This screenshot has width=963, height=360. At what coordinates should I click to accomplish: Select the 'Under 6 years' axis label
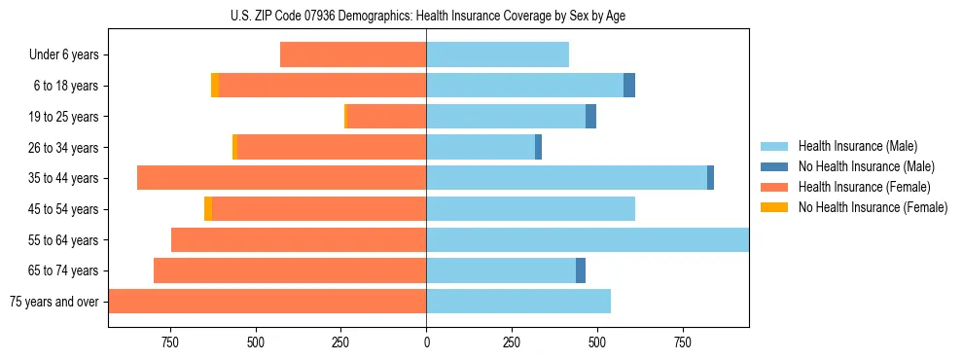click(x=64, y=55)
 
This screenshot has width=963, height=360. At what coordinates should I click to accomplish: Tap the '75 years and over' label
click(x=54, y=302)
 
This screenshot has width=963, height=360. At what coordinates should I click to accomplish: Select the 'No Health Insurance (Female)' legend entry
click(x=873, y=207)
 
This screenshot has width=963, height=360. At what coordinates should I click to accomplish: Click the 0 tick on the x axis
click(x=426, y=342)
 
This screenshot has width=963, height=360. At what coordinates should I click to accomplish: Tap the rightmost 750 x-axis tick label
click(x=683, y=342)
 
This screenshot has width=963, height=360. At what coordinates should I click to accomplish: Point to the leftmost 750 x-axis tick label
click(x=170, y=342)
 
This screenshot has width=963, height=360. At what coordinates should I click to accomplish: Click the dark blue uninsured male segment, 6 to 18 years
click(x=629, y=86)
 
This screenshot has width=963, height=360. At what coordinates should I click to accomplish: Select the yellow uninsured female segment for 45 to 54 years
click(x=208, y=209)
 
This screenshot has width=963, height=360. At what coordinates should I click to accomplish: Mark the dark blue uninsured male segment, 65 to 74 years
click(x=581, y=270)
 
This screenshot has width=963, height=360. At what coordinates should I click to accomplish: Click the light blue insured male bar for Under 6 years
click(x=497, y=55)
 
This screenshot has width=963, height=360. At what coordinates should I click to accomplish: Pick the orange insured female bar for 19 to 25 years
click(x=386, y=117)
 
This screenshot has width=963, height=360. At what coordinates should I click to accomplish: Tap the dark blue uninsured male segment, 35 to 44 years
click(x=710, y=178)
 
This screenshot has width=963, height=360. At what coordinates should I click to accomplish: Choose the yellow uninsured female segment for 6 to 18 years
click(x=215, y=86)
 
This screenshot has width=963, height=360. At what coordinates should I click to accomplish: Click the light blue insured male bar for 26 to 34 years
click(x=481, y=148)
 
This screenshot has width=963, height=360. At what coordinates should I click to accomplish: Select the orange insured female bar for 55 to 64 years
click(x=299, y=240)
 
